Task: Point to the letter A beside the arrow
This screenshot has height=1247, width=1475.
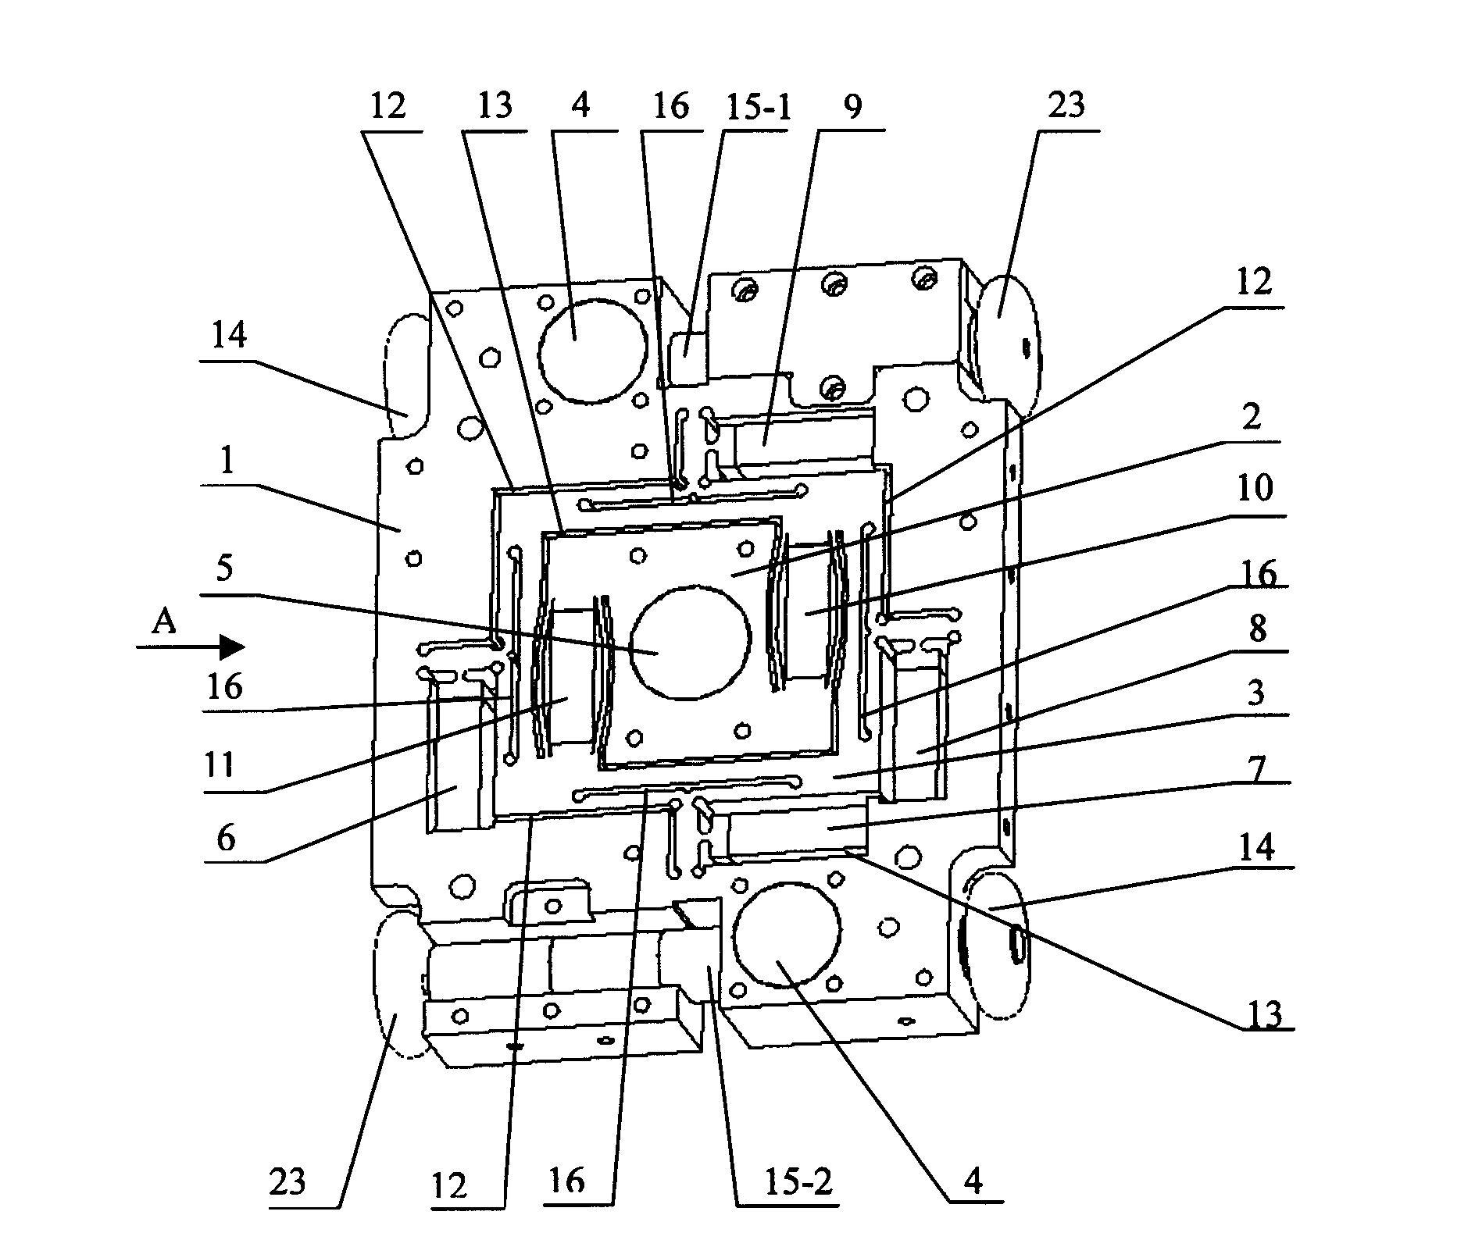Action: point(163,622)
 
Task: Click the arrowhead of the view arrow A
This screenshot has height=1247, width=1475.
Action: point(232,647)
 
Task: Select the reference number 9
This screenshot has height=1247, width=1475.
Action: point(852,105)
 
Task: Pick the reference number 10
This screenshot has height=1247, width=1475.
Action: point(1256,488)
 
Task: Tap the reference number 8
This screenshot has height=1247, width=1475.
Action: point(1257,629)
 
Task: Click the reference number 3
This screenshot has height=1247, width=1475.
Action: point(1255,693)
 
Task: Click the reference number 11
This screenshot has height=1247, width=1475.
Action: point(220,765)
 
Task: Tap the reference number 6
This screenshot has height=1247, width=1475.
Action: point(226,837)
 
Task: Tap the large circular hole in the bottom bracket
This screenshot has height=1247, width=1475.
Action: point(787,935)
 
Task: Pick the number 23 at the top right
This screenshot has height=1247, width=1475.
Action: point(1067,105)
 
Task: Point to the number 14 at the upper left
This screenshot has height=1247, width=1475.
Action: point(229,336)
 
